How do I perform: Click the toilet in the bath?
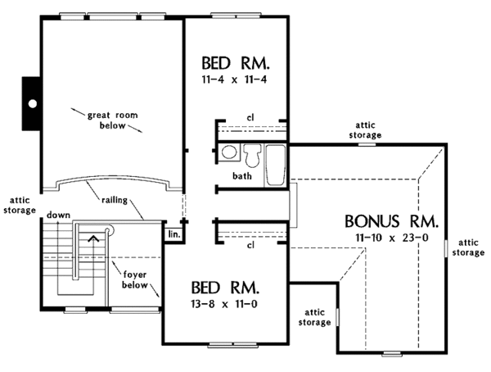pyautogui.click(x=252, y=155)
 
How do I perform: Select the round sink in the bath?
pyautogui.click(x=229, y=152)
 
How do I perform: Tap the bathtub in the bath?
pyautogui.click(x=276, y=165)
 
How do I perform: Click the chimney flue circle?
pyautogui.click(x=32, y=103)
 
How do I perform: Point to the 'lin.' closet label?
pyautogui.click(x=174, y=234)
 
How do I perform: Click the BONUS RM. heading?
pyautogui.click(x=391, y=221)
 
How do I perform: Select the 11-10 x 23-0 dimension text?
pyautogui.click(x=392, y=238)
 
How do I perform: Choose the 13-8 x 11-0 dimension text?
pyautogui.click(x=224, y=304)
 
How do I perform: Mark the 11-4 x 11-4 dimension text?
pyautogui.click(x=234, y=79)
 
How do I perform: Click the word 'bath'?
pyautogui.click(x=242, y=176)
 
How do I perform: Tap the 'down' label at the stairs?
pyautogui.click(x=59, y=215)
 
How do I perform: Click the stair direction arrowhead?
pyautogui.click(x=93, y=238)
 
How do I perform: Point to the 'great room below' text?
pyautogui.click(x=113, y=120)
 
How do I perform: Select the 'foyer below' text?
pyautogui.click(x=135, y=279)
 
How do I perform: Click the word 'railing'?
pyautogui.click(x=115, y=200)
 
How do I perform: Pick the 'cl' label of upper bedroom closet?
pyautogui.click(x=250, y=118)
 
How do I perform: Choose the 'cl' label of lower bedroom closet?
pyautogui.click(x=250, y=245)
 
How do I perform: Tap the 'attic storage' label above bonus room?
pyautogui.click(x=365, y=130)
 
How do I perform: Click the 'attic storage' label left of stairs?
pyautogui.click(x=20, y=206)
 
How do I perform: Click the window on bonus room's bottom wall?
pyautogui.click(x=392, y=354)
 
